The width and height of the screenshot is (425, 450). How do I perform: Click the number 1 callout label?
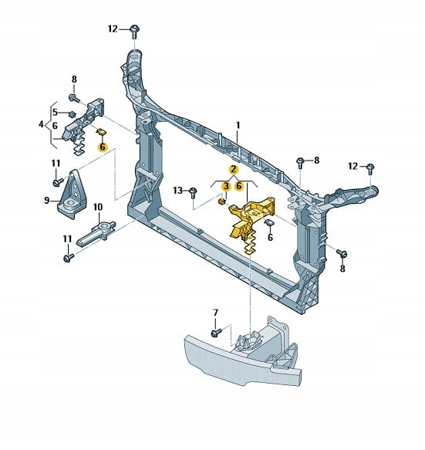point(238,125)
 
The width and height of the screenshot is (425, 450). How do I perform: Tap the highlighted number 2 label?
point(234,170)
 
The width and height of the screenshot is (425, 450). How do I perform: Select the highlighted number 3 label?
point(226,186)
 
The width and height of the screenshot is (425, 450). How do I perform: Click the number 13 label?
point(178,191)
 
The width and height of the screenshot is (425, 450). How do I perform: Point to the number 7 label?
point(215,313)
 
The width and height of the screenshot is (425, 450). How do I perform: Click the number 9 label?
point(47,201)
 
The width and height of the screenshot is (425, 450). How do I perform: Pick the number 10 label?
point(98,207)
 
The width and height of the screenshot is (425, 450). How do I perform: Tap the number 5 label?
point(55,112)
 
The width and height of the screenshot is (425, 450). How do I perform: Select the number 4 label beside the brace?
point(42,124)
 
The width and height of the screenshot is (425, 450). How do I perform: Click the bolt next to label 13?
point(193,193)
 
